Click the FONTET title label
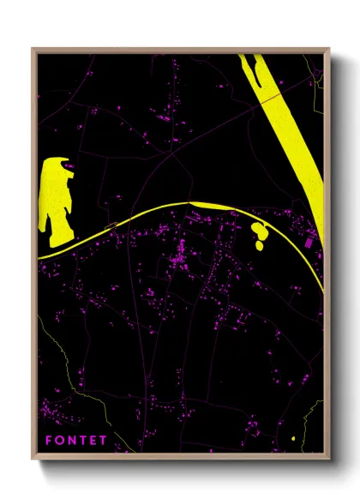click(x=76, y=440)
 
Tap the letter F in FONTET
click(x=51, y=440)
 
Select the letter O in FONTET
click(x=61, y=440)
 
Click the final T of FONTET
click(x=103, y=440)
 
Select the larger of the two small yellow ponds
click(x=257, y=231)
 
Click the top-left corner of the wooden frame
click(x=33, y=49)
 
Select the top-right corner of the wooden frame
click(x=328, y=49)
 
